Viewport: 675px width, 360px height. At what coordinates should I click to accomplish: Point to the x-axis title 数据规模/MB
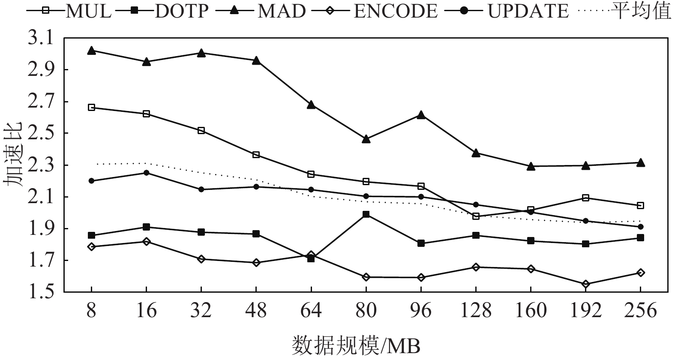pyautogui.click(x=356, y=345)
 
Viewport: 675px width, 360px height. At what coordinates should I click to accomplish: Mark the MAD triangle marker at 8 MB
pyautogui.click(x=91, y=51)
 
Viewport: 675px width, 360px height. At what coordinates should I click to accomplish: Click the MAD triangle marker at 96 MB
pyautogui.click(x=421, y=115)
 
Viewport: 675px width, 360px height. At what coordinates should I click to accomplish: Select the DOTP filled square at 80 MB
pyautogui.click(x=366, y=214)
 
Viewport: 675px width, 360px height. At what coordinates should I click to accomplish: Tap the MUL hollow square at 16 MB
pyautogui.click(x=146, y=114)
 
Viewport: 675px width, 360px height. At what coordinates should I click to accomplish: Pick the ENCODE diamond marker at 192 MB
pyautogui.click(x=585, y=284)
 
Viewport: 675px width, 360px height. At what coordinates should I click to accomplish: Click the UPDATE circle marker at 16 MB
pyautogui.click(x=146, y=173)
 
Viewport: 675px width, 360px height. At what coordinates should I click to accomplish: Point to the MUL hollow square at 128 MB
pyautogui.click(x=476, y=216)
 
